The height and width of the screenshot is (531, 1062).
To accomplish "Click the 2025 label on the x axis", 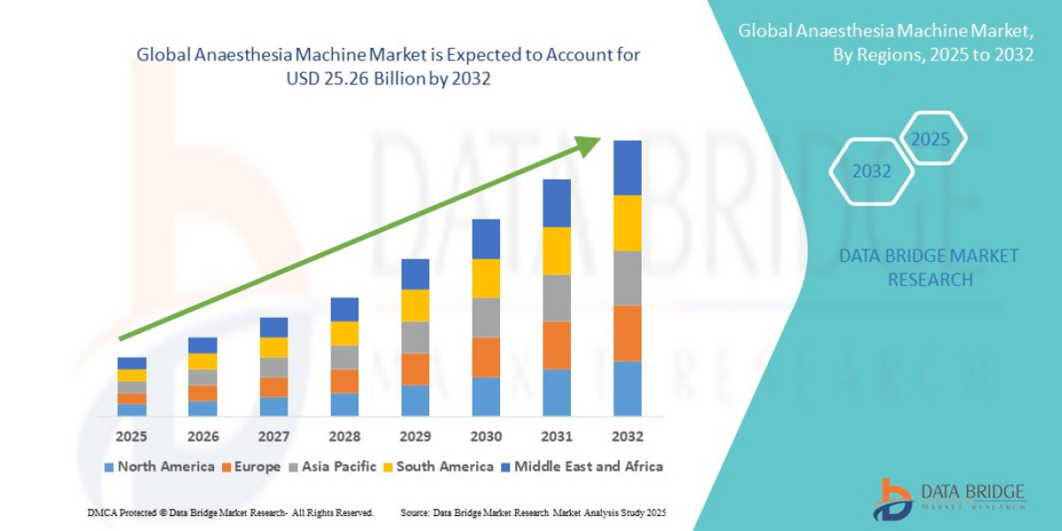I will [132, 436].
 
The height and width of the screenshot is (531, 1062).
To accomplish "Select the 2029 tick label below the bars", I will [415, 436].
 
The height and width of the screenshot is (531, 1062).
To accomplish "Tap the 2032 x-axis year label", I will [627, 436].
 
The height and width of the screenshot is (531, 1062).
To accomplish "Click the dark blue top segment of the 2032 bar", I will [627, 167].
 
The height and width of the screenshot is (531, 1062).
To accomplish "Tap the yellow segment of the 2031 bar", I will [556, 250].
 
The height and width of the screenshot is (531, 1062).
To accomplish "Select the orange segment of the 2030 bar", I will [486, 357].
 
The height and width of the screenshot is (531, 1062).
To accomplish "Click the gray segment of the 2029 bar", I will [415, 337].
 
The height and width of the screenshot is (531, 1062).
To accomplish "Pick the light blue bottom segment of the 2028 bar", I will [344, 404].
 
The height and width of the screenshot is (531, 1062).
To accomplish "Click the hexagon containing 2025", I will [930, 139].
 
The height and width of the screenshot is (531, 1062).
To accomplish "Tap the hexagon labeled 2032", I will [871, 172].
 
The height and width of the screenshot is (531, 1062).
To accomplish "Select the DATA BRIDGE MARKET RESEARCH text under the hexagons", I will [928, 267].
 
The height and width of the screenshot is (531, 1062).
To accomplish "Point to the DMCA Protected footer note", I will [230, 512].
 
